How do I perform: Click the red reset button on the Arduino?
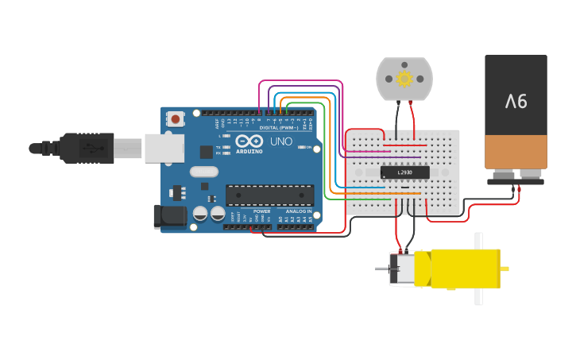click(175, 119)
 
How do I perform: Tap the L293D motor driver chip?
click(404, 172)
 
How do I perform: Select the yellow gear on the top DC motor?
click(404, 78)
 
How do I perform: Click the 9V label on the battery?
click(516, 101)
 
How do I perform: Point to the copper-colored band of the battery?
click(516, 151)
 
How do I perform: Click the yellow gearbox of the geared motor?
click(457, 268)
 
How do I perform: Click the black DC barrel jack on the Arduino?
click(168, 215)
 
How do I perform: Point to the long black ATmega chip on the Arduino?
click(269, 195)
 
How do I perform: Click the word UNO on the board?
click(281, 142)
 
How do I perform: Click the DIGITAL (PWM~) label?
click(268, 127)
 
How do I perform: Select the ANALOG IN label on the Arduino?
click(298, 211)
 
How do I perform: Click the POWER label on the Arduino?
click(261, 211)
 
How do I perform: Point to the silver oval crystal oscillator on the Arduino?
click(203, 172)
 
